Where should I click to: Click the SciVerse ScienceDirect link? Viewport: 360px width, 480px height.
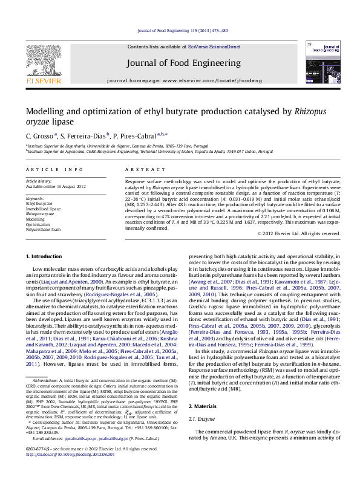pyautogui.click(x=214, y=47)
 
